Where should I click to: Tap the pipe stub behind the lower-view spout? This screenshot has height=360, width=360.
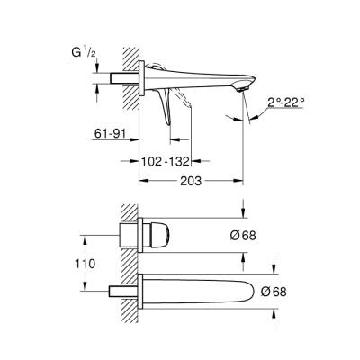pos(120,292)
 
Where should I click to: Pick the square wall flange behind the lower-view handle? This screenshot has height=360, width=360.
pos(131,235)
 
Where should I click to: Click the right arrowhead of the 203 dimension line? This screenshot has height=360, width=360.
pos(241,179)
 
